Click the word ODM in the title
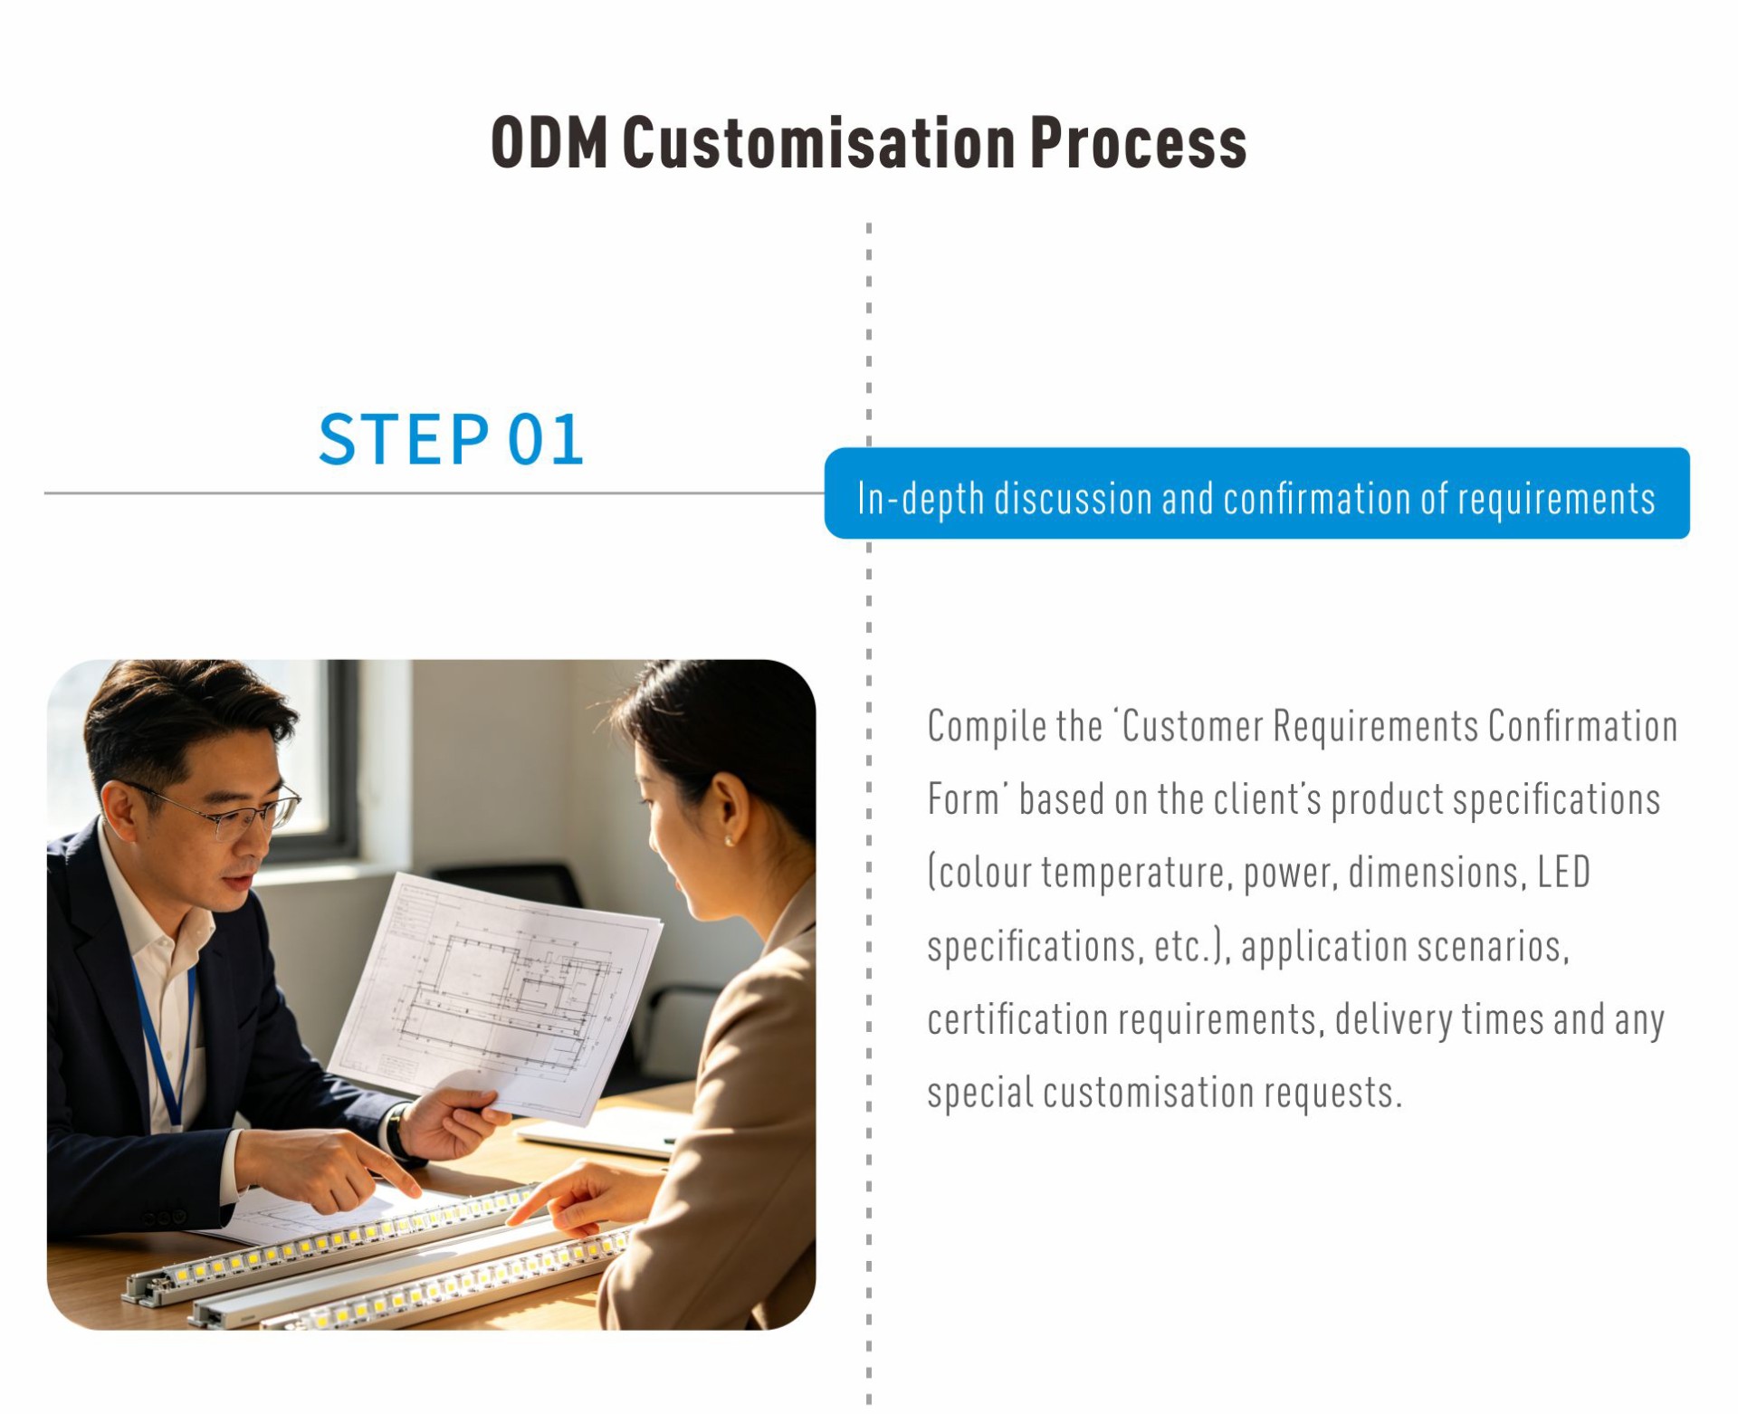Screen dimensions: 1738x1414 (x=549, y=142)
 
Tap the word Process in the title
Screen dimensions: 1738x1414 (x=1138, y=142)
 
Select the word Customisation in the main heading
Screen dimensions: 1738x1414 (x=818, y=142)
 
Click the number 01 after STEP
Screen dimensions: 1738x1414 (x=545, y=439)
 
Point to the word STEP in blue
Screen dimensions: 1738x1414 (x=404, y=439)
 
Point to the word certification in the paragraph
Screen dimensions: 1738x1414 (x=1017, y=1018)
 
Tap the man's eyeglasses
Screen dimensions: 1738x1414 (x=226, y=810)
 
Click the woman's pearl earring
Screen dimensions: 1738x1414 (x=729, y=841)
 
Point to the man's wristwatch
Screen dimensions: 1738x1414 (x=396, y=1132)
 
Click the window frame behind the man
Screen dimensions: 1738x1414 (x=339, y=760)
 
